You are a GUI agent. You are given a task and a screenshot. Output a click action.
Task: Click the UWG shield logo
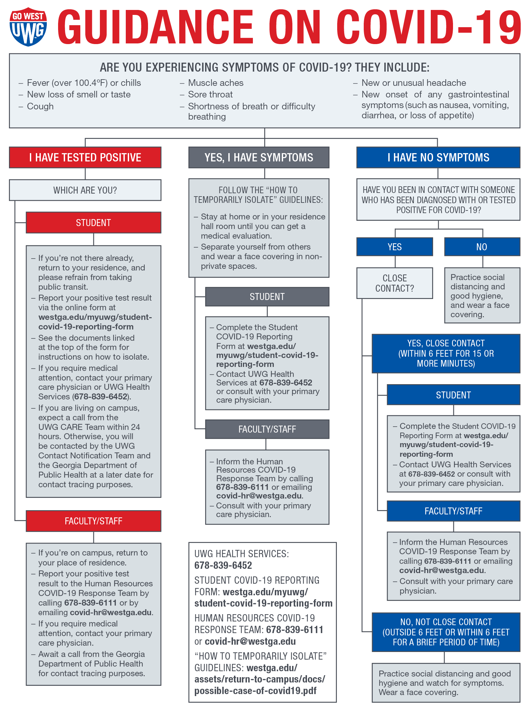pyautogui.click(x=28, y=27)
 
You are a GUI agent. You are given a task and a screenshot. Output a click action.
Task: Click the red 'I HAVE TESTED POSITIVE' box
pyautogui.click(x=85, y=157)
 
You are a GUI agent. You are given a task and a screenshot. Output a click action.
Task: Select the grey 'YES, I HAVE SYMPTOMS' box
pyautogui.click(x=259, y=157)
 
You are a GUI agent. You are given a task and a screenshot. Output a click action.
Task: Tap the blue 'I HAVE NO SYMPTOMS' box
pyautogui.click(x=438, y=157)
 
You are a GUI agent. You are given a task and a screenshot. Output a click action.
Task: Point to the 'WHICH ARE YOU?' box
pyautogui.click(x=85, y=190)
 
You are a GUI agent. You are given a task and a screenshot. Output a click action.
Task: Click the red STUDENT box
pyautogui.click(x=93, y=223)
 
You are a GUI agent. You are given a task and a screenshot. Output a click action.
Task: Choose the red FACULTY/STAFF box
pyautogui.click(x=93, y=521)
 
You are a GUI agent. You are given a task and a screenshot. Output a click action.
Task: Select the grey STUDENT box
pyautogui.click(x=267, y=297)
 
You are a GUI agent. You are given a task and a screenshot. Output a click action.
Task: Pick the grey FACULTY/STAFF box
pyautogui.click(x=267, y=429)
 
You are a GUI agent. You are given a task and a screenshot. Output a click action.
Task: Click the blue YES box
pyautogui.click(x=395, y=247)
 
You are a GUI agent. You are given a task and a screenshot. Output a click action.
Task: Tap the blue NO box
pyautogui.click(x=482, y=247)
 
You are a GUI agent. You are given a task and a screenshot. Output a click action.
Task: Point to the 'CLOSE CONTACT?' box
pyautogui.click(x=395, y=283)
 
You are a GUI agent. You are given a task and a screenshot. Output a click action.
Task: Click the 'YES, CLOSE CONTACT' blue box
pyautogui.click(x=446, y=353)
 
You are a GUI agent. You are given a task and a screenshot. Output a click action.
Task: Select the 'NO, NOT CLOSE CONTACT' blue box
pyautogui.click(x=446, y=632)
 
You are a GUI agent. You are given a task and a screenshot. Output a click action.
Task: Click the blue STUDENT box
pyautogui.click(x=453, y=395)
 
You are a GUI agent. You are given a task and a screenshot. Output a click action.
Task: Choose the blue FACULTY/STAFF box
pyautogui.click(x=453, y=511)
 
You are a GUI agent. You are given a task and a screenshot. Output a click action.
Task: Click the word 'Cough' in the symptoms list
pyautogui.click(x=40, y=106)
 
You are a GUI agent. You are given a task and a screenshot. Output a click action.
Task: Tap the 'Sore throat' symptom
pyautogui.click(x=210, y=94)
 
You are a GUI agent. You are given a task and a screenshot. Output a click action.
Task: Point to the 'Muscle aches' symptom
pyautogui.click(x=216, y=83)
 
